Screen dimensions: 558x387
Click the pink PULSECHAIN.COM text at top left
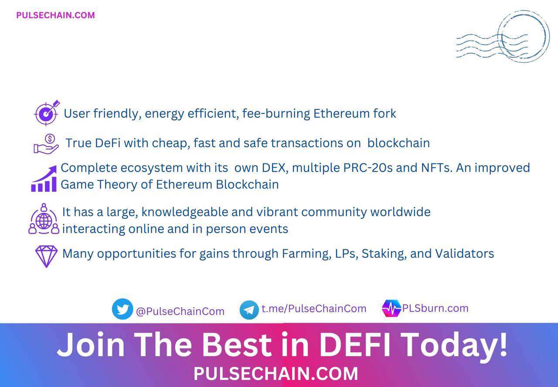(x=55, y=15)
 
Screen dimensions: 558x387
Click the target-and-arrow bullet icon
(x=47, y=113)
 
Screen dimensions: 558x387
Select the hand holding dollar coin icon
(x=46, y=144)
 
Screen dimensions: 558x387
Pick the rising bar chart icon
(x=44, y=178)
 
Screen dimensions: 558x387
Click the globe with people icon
(x=44, y=219)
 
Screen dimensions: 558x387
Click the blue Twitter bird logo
(x=122, y=309)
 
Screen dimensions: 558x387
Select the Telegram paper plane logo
(x=249, y=310)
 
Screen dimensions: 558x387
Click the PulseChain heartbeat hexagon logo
(x=391, y=308)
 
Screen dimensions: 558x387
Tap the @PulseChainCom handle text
(x=180, y=311)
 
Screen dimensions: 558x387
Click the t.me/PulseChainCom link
(x=314, y=309)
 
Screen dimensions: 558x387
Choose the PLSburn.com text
(x=435, y=308)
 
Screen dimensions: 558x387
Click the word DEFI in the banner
(x=355, y=345)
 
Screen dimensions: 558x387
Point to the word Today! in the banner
(x=454, y=346)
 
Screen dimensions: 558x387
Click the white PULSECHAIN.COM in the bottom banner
(x=276, y=373)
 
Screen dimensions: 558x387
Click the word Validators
(x=465, y=254)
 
